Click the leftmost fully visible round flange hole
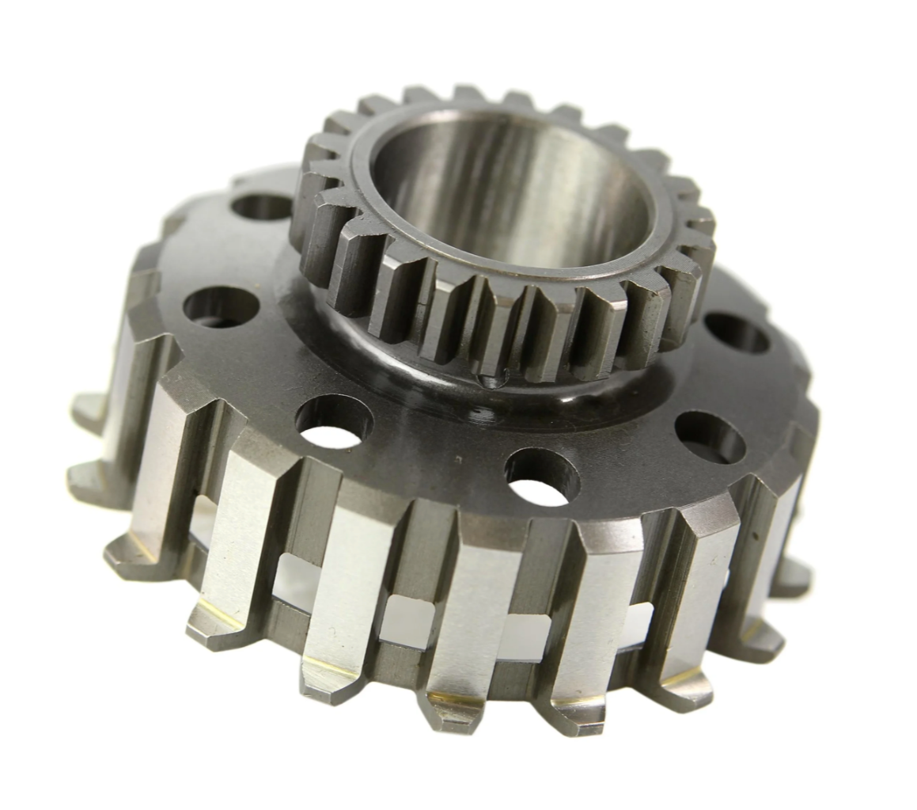tap(221, 307)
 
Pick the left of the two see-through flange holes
tap(334, 423)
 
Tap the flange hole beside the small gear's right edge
tap(736, 333)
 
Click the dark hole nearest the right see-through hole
tap(710, 436)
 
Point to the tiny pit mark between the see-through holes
tap(457, 458)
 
